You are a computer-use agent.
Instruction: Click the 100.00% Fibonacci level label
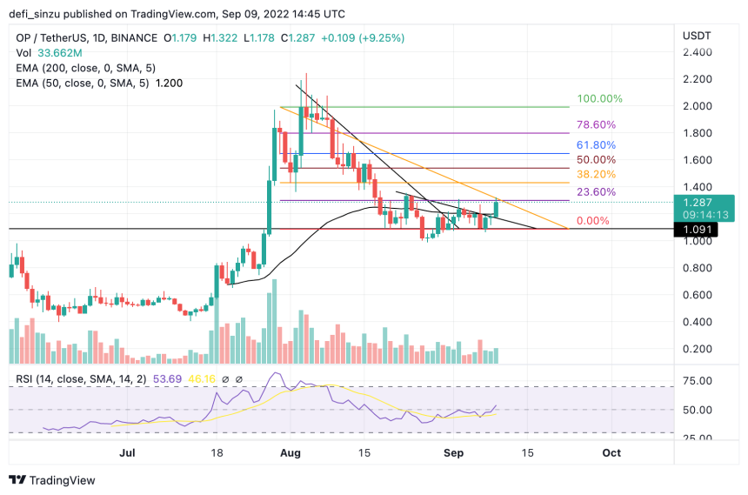click(600, 99)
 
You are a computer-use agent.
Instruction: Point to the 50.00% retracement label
click(597, 160)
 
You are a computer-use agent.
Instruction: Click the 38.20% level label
click(597, 175)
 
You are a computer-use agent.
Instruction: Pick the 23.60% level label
click(597, 192)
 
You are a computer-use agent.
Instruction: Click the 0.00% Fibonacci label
click(593, 221)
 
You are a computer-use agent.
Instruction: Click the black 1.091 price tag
click(699, 230)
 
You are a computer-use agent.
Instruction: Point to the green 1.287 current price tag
click(699, 201)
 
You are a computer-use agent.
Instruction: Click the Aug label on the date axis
click(291, 453)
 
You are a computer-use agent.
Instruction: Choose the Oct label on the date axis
click(611, 453)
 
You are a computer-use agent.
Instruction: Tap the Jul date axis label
click(126, 453)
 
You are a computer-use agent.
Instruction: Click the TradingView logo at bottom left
click(52, 480)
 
